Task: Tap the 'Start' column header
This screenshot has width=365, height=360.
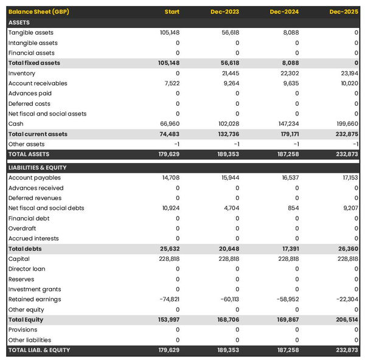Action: click(172, 12)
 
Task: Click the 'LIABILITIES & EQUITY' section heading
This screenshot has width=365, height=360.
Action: click(38, 167)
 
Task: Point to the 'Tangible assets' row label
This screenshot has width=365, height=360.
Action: click(31, 32)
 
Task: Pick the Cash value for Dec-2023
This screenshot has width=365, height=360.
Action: click(227, 123)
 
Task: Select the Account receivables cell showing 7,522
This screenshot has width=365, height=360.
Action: click(170, 83)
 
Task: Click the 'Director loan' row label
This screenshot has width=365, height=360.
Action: click(27, 269)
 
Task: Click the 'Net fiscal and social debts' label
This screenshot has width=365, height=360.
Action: click(46, 208)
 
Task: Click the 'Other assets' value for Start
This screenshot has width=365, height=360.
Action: click(176, 144)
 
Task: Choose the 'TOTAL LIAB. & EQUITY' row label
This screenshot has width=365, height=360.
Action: click(40, 350)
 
